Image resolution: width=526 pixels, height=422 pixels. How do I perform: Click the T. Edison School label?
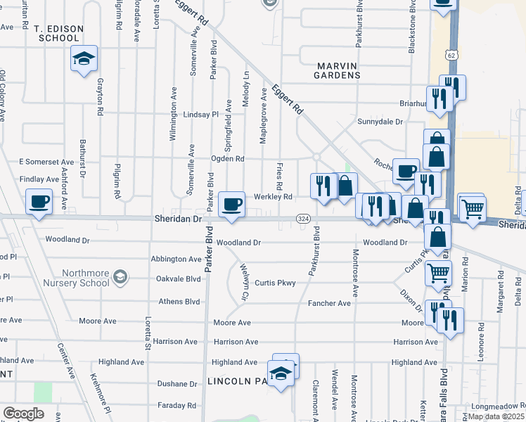[x=59, y=33]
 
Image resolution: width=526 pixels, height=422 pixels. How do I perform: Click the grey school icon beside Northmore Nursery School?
[x=120, y=276]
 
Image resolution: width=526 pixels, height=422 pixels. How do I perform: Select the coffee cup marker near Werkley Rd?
[x=232, y=204]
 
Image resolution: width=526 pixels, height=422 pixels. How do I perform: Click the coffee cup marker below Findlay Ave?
[x=39, y=202]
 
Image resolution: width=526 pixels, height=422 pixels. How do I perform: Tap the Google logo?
[x=23, y=414]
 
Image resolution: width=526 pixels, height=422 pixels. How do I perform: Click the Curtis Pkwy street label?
[x=275, y=283]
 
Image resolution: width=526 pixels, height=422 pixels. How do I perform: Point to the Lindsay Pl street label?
[x=201, y=115]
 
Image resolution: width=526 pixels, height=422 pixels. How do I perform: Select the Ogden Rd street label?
[x=227, y=159]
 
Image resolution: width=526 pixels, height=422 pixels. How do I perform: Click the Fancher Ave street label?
[x=329, y=303]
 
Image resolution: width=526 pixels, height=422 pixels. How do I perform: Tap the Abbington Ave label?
[x=176, y=259]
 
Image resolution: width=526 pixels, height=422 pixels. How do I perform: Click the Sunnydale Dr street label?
[x=380, y=122]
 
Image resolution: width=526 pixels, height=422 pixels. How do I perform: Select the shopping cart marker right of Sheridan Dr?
[x=472, y=207]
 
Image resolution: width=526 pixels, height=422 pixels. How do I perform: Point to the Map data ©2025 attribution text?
[x=496, y=416]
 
